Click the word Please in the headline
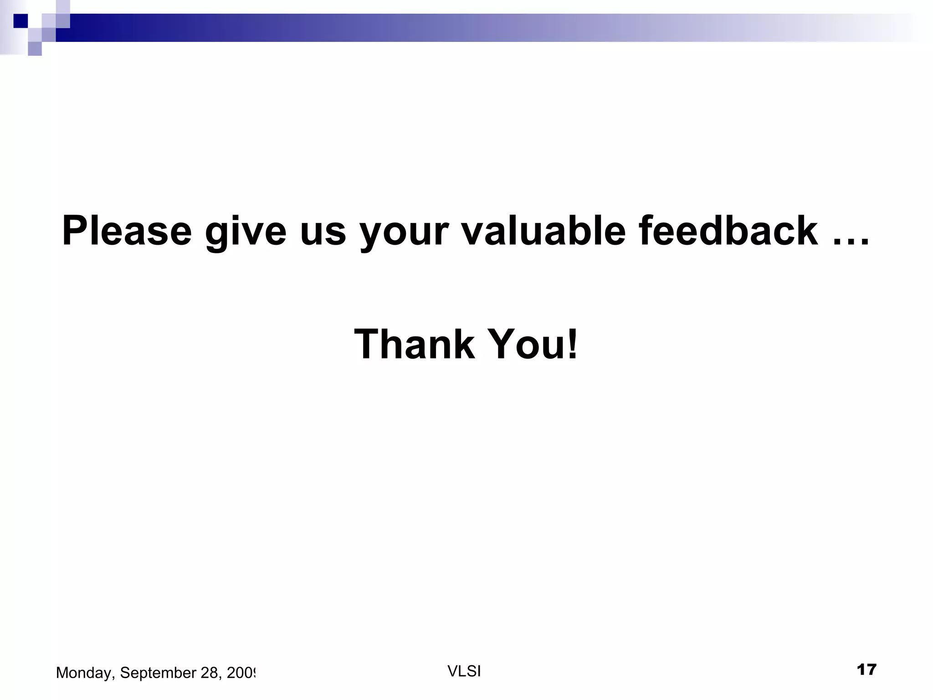127,231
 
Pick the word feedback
728,231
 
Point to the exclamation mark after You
573,345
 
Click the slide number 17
866,670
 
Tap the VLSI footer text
464,671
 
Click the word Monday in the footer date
85,673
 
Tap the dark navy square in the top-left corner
21,21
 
